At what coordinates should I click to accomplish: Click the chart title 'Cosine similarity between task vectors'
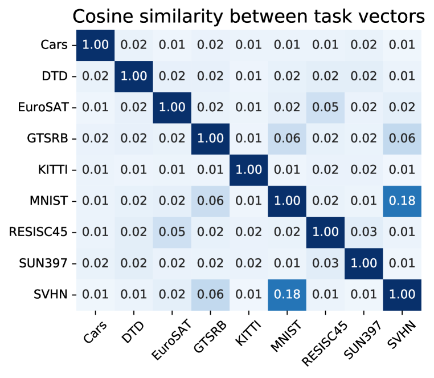(249, 17)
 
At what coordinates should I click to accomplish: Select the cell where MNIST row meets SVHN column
(403, 200)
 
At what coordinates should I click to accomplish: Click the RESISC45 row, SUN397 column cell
(365, 232)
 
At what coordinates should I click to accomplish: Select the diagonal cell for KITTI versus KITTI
(249, 169)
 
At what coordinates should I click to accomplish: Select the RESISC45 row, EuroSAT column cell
(173, 232)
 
